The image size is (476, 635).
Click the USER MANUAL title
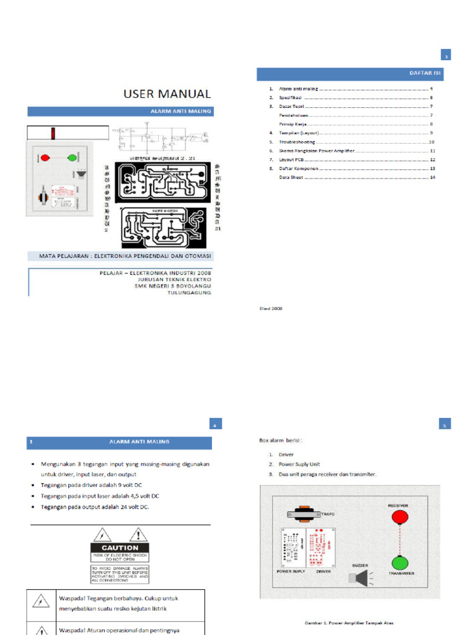(167, 94)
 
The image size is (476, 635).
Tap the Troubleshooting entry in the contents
(297, 142)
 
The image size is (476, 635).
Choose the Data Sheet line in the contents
(291, 177)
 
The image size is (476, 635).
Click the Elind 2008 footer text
(270, 308)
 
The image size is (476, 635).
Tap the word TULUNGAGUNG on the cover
(190, 293)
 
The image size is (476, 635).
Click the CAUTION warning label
(120, 548)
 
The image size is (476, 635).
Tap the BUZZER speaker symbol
(357, 578)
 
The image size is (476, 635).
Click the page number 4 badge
(214, 425)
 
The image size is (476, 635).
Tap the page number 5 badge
(444, 425)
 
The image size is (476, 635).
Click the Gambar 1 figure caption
(350, 622)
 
